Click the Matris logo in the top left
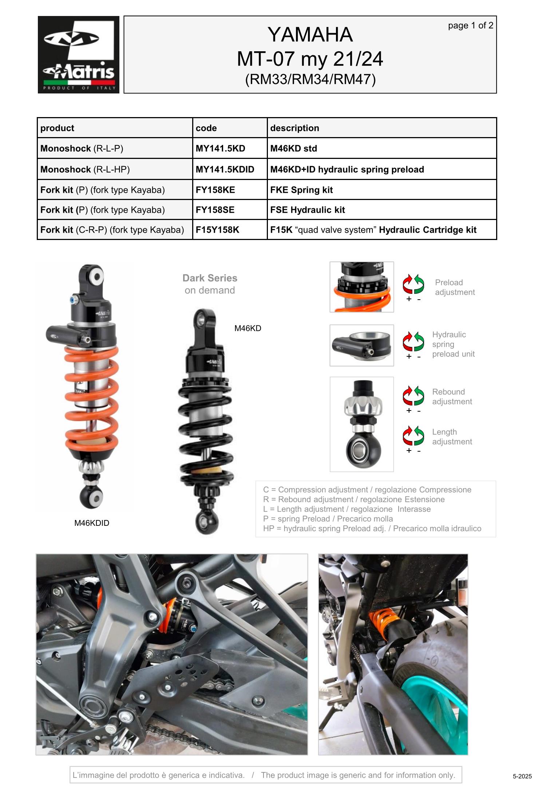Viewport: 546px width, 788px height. [x=79, y=55]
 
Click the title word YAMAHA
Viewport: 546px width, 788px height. [x=310, y=35]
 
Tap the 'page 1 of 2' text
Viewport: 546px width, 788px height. [x=471, y=25]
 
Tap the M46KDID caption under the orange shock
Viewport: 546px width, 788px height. [x=92, y=523]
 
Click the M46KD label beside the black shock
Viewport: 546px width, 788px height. [x=248, y=328]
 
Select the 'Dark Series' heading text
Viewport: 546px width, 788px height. [x=210, y=278]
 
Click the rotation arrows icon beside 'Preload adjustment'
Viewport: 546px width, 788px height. [x=413, y=284]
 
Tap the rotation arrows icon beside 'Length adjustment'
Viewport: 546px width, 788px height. [x=413, y=435]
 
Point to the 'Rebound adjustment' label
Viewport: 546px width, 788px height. [x=452, y=397]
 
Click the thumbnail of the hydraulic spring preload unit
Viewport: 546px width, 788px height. [x=361, y=345]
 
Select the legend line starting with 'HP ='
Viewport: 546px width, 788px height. [x=372, y=528]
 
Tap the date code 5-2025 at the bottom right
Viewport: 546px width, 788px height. [x=522, y=776]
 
